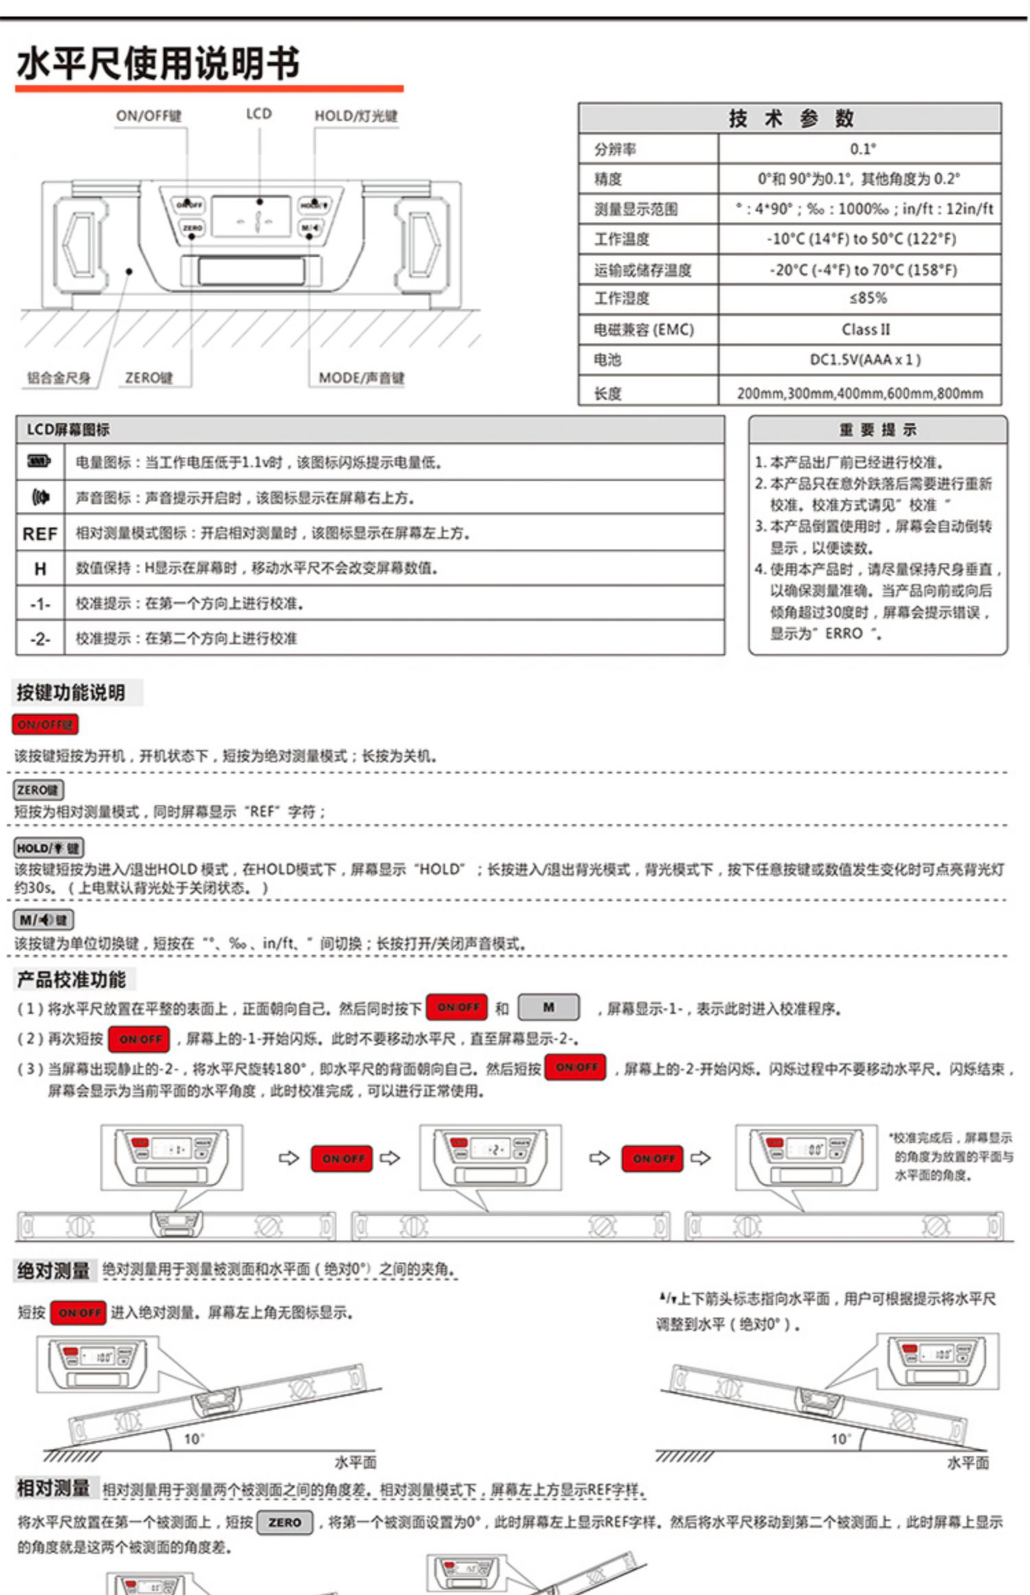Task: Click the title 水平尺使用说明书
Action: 158,63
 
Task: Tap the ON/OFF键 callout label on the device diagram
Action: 148,115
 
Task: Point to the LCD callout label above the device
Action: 259,113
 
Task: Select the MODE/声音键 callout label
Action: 361,378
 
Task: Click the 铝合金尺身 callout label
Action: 58,378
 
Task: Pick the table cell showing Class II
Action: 865,329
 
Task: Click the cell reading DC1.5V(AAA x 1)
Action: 865,359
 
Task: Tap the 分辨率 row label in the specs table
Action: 615,149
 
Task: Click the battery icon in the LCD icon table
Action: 39,461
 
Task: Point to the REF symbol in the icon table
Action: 40,534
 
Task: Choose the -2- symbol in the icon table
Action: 40,639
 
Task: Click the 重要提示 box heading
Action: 878,430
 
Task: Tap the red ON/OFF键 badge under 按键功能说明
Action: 45,724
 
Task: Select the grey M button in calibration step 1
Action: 548,1007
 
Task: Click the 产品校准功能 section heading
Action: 71,980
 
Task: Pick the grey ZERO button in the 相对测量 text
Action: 285,1522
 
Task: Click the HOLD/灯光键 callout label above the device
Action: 356,115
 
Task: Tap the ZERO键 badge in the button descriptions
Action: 38,790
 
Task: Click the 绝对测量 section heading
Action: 53,1271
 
